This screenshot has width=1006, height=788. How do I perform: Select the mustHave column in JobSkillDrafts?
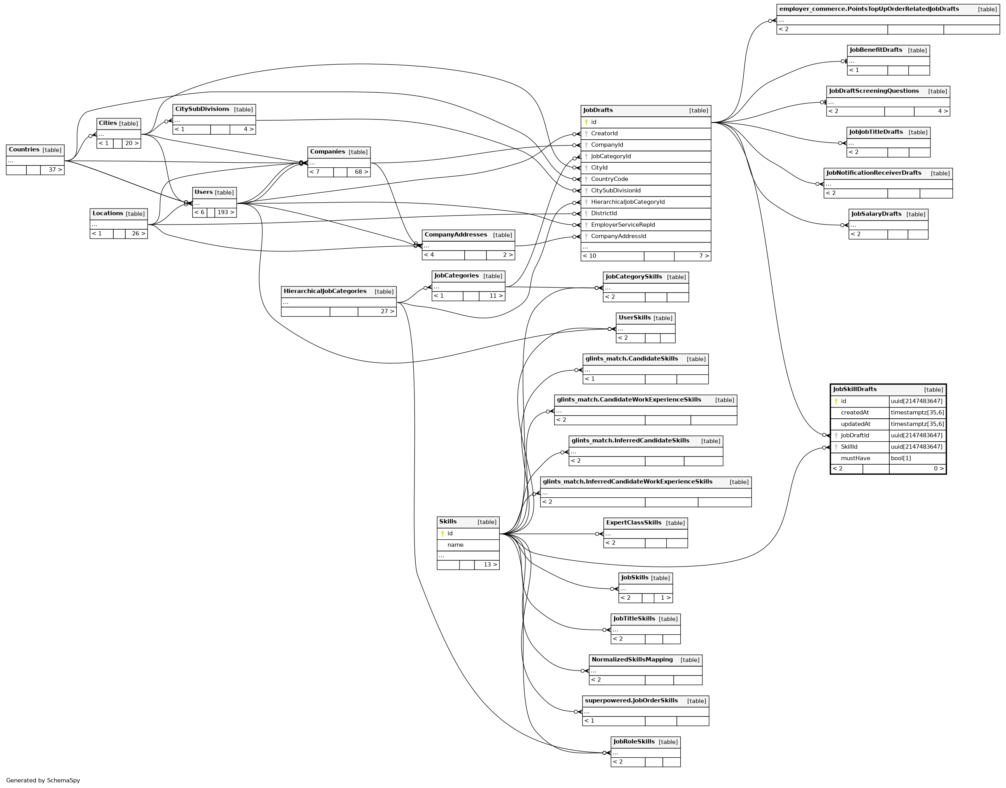[x=855, y=458]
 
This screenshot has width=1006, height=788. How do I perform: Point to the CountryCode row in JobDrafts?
[x=609, y=179]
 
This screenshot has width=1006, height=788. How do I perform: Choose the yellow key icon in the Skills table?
[x=442, y=534]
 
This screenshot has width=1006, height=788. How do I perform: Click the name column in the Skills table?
[x=455, y=545]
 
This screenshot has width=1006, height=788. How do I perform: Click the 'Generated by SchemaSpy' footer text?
[x=43, y=780]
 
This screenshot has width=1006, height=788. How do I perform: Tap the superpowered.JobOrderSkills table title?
[x=631, y=701]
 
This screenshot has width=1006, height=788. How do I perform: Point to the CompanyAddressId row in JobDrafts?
[x=618, y=236]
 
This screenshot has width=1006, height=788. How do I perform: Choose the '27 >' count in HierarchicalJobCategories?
[x=387, y=311]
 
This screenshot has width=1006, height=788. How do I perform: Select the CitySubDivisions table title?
[x=202, y=109]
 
